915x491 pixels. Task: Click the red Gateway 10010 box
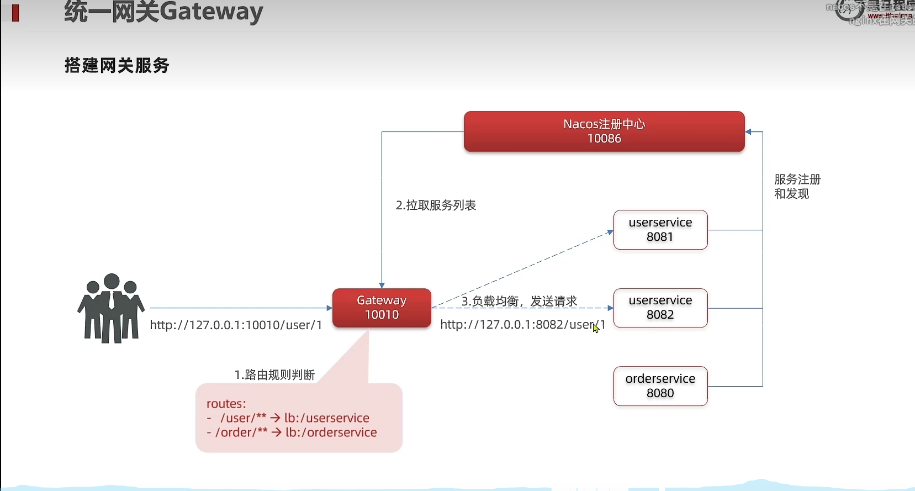[x=382, y=308]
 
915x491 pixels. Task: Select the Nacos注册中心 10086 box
[x=604, y=131]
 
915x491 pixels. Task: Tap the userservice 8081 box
[x=660, y=230]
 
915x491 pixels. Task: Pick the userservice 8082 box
[x=660, y=308]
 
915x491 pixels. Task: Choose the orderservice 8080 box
[x=660, y=386]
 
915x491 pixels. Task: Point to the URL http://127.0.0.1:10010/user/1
[x=236, y=325]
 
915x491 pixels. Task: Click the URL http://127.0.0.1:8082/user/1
[x=522, y=325]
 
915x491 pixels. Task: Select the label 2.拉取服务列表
[x=436, y=205]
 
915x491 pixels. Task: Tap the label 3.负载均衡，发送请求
[x=519, y=301]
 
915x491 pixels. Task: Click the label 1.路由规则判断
[x=274, y=375]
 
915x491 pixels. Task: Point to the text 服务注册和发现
[x=797, y=187]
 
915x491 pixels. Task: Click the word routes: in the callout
[x=226, y=404]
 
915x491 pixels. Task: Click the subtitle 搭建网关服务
[x=117, y=66]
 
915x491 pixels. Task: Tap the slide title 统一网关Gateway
[x=163, y=12]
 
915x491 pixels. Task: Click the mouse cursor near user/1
[x=595, y=328]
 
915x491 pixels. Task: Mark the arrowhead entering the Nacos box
[x=748, y=132]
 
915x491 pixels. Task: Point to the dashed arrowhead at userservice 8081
[x=610, y=232]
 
